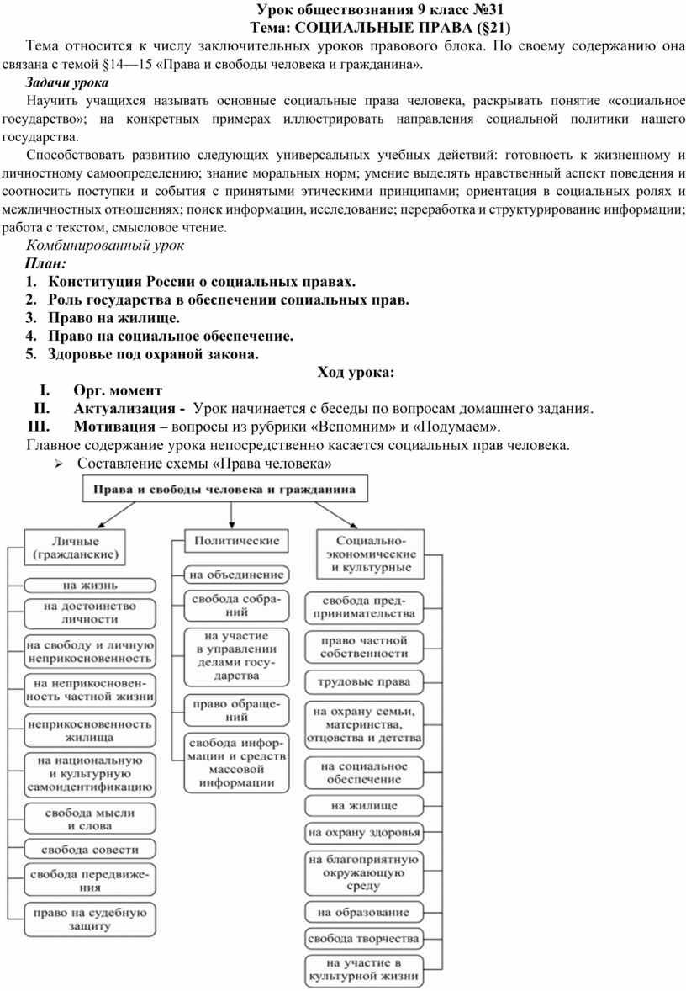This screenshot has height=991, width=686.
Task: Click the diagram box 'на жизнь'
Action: [88, 585]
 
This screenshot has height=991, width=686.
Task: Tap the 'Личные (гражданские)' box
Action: [75, 548]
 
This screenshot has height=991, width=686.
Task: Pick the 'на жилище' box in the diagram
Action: [362, 805]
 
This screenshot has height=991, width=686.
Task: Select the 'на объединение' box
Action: [236, 575]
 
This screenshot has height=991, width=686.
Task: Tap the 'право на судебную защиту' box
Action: [90, 919]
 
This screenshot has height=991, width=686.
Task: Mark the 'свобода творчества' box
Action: [362, 938]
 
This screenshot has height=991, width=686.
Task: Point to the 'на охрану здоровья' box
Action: [362, 834]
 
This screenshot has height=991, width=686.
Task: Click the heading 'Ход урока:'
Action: [355, 373]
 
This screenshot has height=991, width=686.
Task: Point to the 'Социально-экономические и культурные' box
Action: [371, 554]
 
